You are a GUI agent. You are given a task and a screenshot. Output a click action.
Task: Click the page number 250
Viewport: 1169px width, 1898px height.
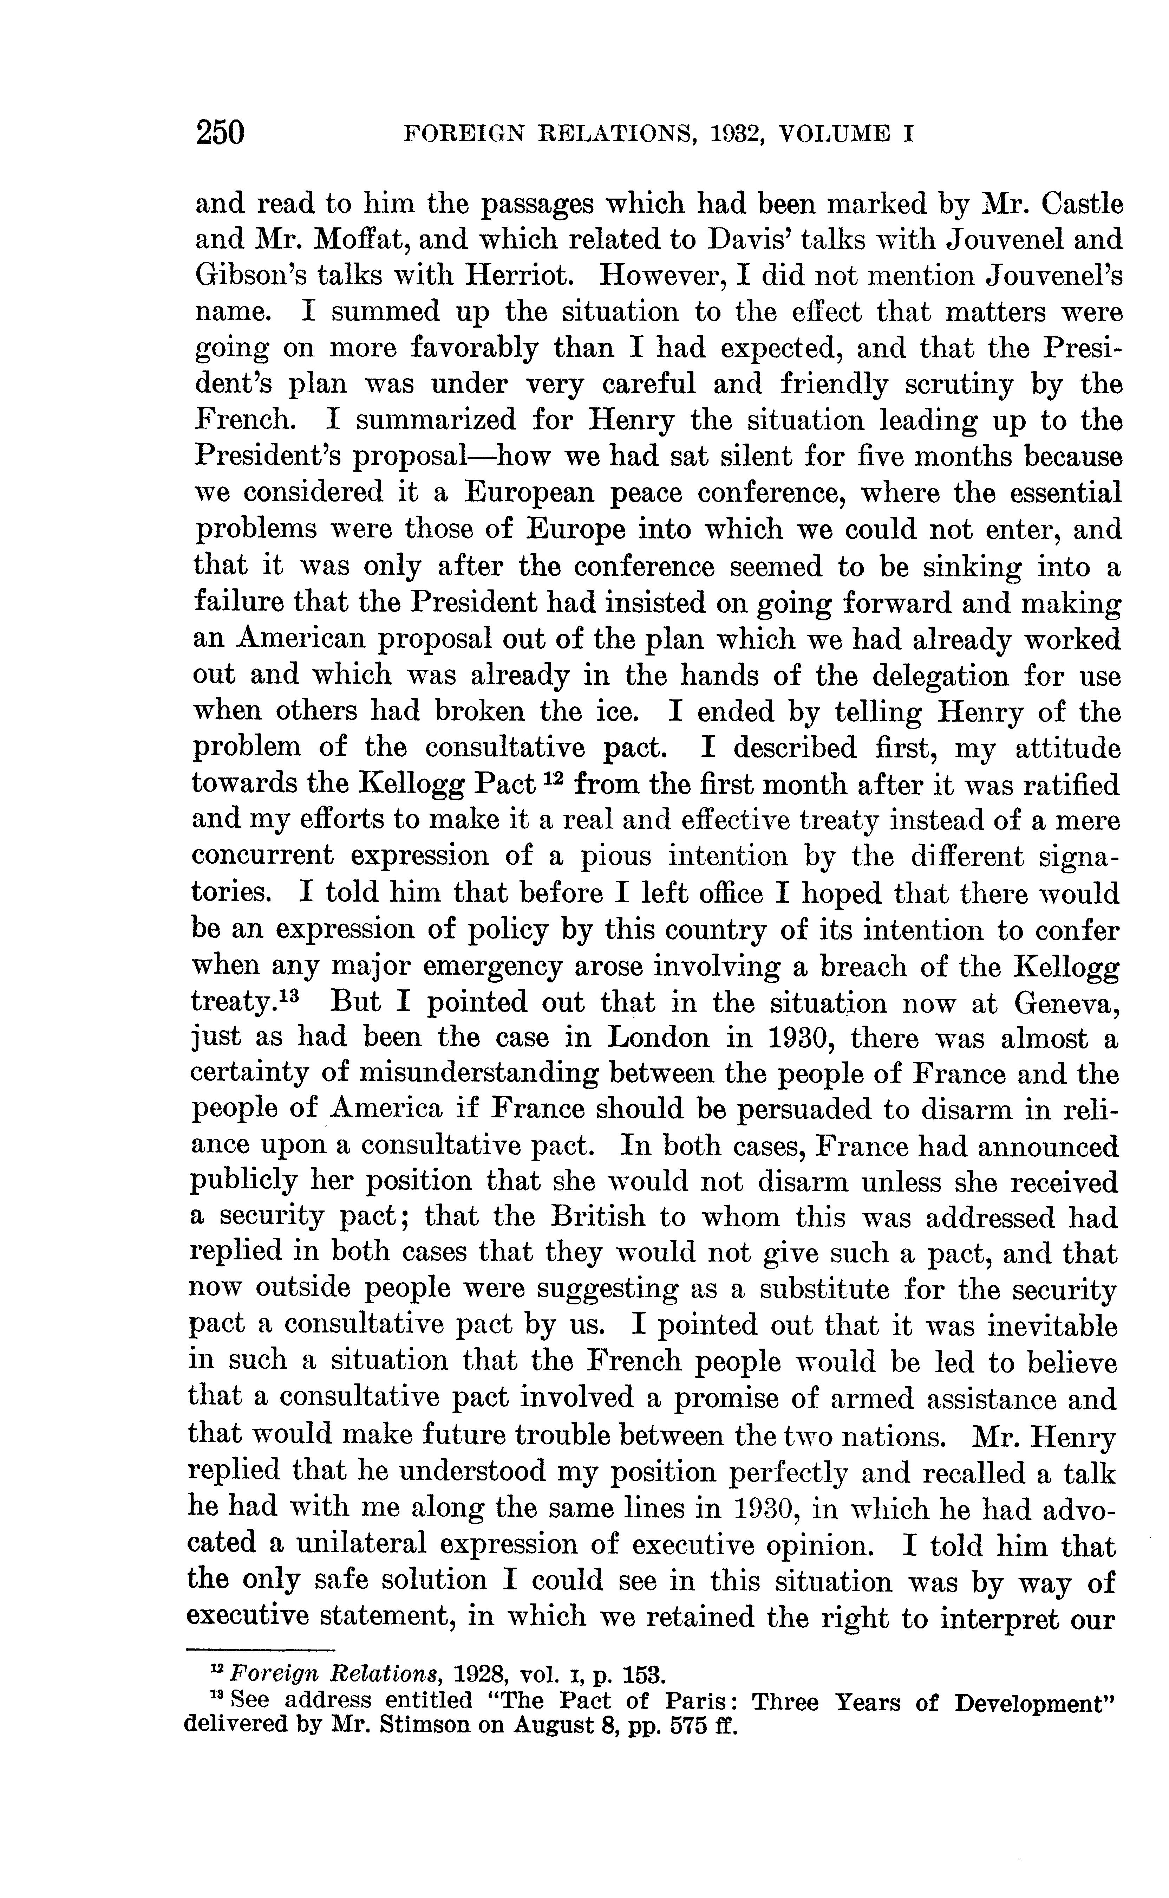220,132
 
